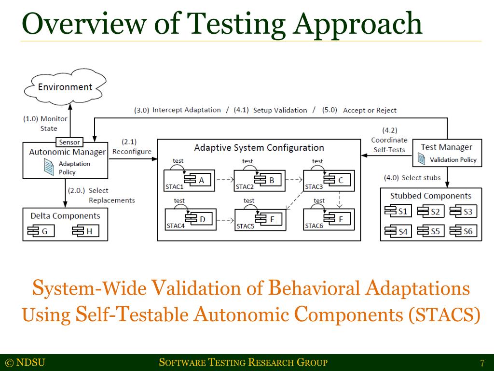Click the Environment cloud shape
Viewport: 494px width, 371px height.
click(65, 87)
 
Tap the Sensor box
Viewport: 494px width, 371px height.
click(70, 142)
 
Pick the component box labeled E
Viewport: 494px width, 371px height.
click(267, 219)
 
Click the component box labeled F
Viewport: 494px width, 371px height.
click(336, 219)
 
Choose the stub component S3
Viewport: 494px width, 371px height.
click(462, 211)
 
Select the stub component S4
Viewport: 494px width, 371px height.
click(396, 231)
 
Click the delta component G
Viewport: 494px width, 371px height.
click(38, 231)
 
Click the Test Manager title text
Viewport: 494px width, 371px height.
click(446, 147)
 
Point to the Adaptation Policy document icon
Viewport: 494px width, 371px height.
click(49, 167)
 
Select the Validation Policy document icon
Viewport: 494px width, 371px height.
click(422, 159)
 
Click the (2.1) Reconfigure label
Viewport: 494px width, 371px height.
click(131, 147)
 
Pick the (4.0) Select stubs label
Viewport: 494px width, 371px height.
click(412, 178)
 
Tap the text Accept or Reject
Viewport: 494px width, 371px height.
click(370, 110)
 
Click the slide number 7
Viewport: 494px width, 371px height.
click(482, 363)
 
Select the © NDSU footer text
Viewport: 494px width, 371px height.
click(25, 363)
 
